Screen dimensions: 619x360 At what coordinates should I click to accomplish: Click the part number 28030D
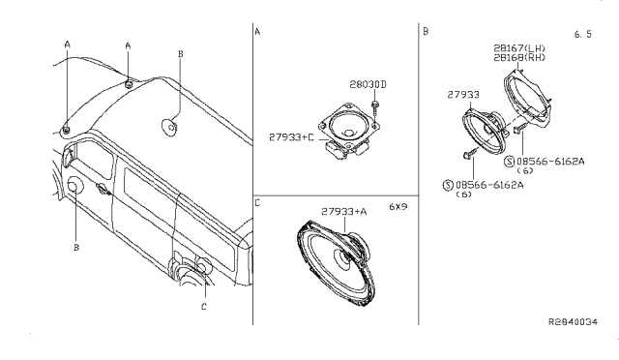pyautogui.click(x=368, y=84)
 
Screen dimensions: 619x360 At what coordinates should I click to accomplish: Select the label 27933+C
pyautogui.click(x=291, y=137)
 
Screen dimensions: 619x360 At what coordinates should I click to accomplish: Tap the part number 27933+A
pyautogui.click(x=344, y=212)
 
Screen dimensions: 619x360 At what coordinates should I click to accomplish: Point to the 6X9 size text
pyautogui.click(x=398, y=207)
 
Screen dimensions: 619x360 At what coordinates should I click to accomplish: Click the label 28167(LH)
pyautogui.click(x=519, y=48)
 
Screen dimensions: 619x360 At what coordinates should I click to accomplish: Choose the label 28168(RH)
pyautogui.click(x=519, y=58)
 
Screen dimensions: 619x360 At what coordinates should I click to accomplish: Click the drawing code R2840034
pyautogui.click(x=574, y=322)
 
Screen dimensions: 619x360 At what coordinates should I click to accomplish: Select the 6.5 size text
pyautogui.click(x=582, y=35)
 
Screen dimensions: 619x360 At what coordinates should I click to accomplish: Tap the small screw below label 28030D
pyautogui.click(x=375, y=108)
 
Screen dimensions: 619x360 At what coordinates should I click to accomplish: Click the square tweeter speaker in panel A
pyautogui.click(x=349, y=130)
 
